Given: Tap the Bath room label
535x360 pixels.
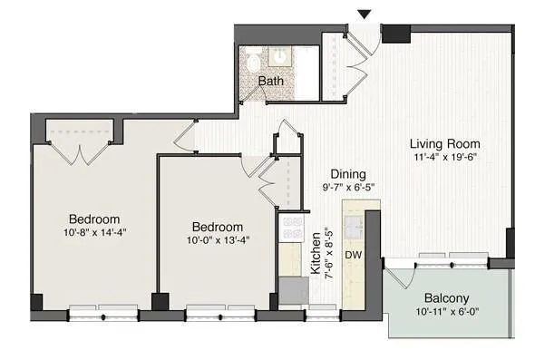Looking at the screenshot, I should click(269, 82).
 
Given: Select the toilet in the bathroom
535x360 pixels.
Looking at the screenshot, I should click(253, 62).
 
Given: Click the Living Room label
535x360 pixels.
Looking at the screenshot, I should click(444, 143).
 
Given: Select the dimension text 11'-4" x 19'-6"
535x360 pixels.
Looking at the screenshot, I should click(444, 158).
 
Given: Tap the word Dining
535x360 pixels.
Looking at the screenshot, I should click(347, 174).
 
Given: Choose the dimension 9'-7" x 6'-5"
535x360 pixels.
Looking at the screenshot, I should click(347, 188).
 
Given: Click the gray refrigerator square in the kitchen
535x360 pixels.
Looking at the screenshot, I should click(292, 290).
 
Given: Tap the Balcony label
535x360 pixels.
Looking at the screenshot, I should click(446, 298).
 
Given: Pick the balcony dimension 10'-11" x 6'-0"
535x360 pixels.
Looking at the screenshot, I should click(446, 313).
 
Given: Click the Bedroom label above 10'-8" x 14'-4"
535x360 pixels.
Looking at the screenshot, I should click(94, 219).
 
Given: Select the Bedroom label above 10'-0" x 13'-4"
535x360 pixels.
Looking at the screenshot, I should click(217, 227).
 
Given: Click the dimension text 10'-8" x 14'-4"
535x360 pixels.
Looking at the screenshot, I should click(94, 233).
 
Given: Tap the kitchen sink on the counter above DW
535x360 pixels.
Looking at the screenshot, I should click(353, 221).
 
